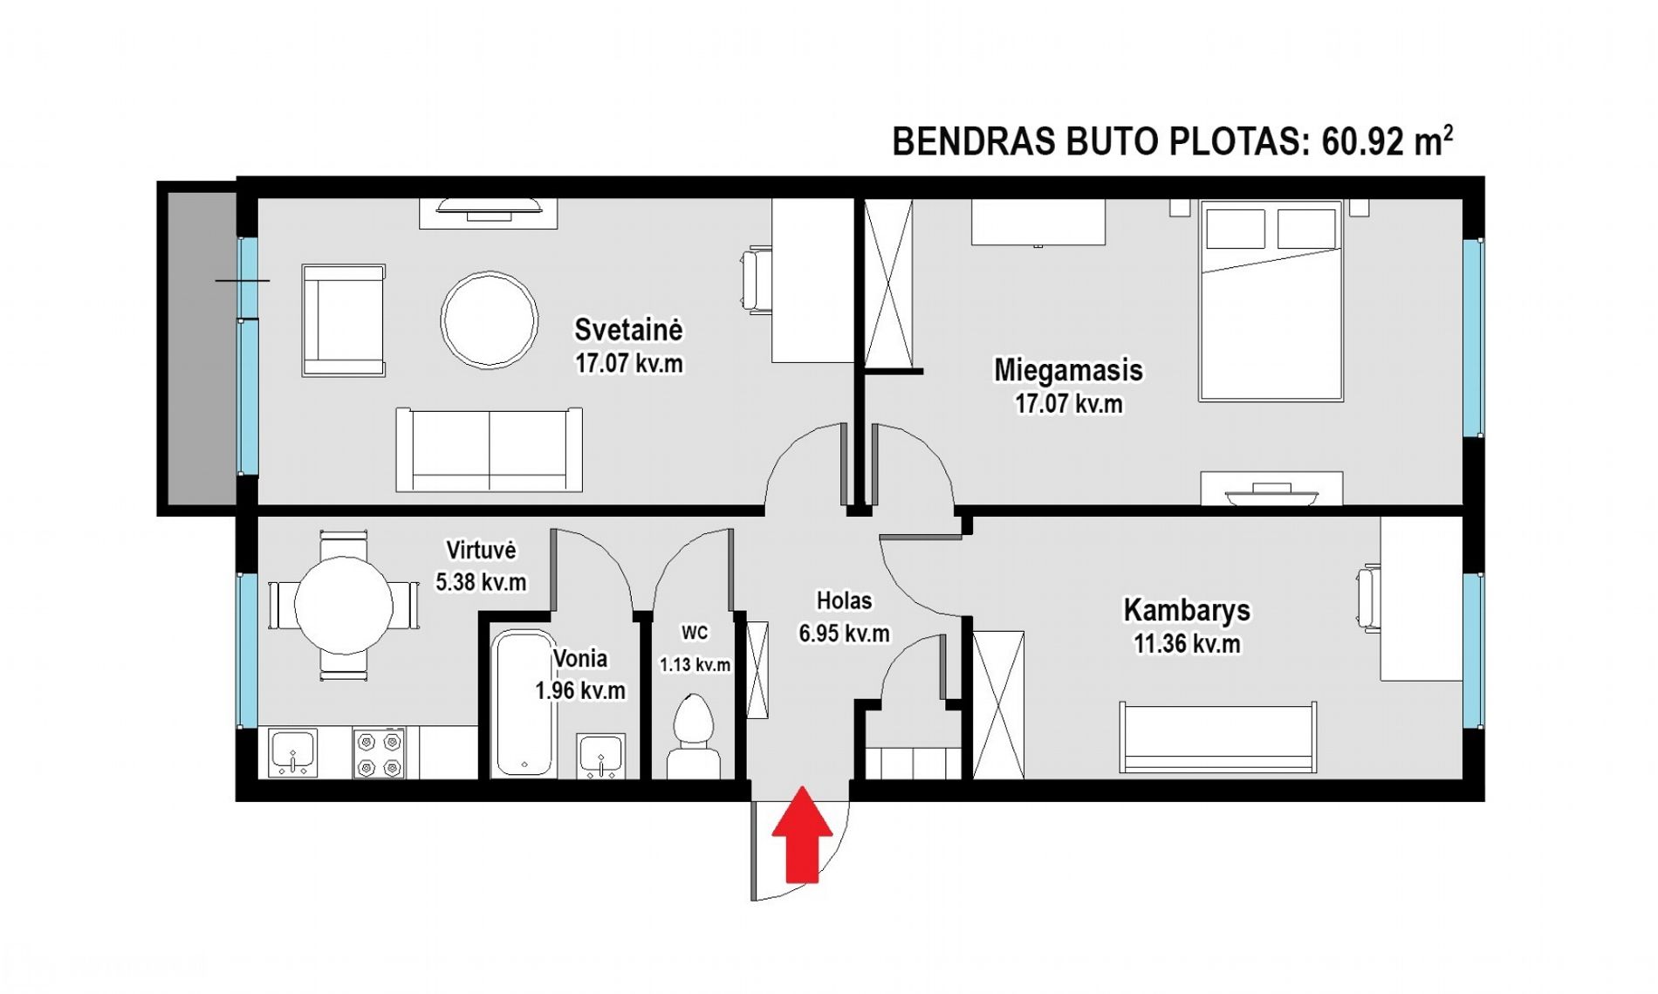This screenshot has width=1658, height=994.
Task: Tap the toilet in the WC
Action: coord(694,737)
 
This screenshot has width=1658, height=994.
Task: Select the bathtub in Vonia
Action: coord(524,703)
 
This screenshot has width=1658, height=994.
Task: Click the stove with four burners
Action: coord(380,753)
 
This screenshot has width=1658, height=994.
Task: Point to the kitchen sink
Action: coord(292,753)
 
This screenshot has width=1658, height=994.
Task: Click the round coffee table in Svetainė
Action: coord(489,319)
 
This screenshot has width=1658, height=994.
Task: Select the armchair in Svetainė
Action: coord(343,320)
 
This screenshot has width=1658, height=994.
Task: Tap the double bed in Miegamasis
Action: coord(1271,300)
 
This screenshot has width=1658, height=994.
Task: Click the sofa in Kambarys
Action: coord(1219,737)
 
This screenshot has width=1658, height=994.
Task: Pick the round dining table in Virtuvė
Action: coord(344,605)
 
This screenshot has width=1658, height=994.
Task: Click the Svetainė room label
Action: coord(628,330)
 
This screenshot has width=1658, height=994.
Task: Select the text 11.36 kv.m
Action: coord(1187,644)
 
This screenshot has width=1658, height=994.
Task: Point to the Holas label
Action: coord(844,600)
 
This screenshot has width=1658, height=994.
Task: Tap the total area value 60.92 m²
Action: coord(1387,141)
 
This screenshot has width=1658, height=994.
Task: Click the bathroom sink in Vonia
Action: coord(601,756)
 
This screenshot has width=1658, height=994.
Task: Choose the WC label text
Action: coord(695,633)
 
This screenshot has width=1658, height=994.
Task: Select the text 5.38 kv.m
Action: coord(481,582)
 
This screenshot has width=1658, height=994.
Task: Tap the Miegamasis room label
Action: coord(1068,370)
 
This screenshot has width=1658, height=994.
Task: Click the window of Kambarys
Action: coord(1473,650)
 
